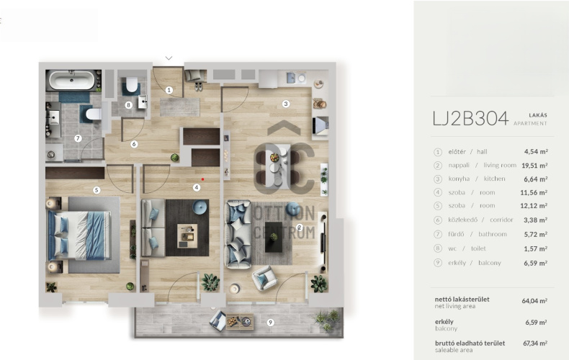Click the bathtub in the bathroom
72,81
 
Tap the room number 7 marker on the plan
77,138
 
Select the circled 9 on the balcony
270,323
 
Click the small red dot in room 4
202,179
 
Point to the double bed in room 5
79,235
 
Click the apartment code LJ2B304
470,118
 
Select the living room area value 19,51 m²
534,166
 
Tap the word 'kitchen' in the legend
494,179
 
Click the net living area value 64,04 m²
534,301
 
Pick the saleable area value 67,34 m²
535,343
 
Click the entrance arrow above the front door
169,58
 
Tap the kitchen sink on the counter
291,78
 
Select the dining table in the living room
277,166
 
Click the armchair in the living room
264,278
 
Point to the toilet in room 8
132,85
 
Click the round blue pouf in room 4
200,207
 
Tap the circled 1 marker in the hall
169,90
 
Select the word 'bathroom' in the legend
493,234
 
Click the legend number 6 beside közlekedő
438,220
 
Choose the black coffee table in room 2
274,237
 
